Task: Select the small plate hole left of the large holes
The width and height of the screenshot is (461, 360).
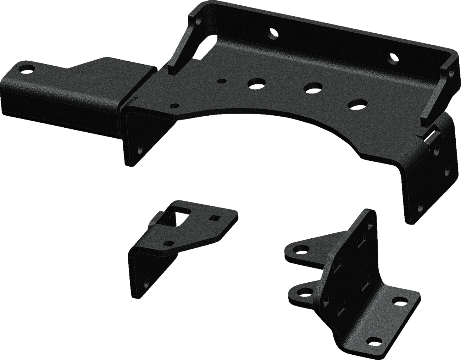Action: (x=222, y=81)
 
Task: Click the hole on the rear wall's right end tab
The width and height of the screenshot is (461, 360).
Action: (x=451, y=72)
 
